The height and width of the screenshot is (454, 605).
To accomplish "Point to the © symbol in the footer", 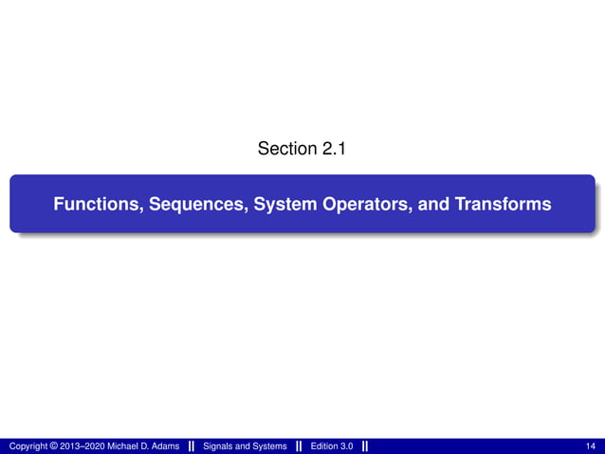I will click(53, 445).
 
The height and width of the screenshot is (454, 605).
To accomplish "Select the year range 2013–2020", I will click(82, 445).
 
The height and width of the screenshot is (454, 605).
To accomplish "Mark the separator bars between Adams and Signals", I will click(192, 445).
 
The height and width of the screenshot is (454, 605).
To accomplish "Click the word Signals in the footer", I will click(219, 445).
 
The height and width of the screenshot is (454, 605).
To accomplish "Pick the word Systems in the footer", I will click(268, 445).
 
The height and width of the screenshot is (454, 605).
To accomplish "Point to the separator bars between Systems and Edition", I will click(299, 445).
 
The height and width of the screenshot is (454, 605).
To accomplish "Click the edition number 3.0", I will click(349, 445).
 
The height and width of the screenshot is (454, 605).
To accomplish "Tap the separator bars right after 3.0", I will click(365, 445).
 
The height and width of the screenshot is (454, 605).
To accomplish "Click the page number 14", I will click(592, 445).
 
